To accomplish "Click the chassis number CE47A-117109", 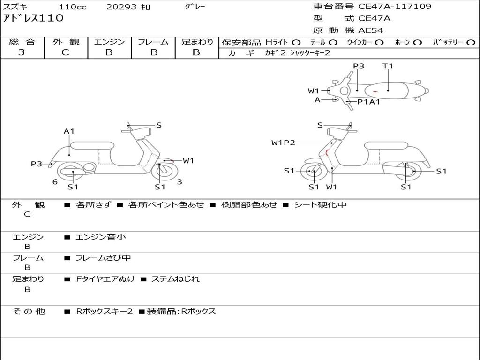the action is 394,7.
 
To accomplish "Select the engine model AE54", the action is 370,30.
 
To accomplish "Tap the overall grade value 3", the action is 22,52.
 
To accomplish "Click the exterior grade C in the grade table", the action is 65,52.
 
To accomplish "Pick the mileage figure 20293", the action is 121,7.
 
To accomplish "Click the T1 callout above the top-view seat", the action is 388,66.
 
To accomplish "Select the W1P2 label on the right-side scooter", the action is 283,142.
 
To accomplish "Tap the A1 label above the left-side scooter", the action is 69,131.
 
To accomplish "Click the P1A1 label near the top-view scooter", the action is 368,101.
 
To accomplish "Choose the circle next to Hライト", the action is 296,43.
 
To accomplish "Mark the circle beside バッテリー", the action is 471,43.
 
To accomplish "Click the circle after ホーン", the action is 418,43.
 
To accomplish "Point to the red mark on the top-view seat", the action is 375,91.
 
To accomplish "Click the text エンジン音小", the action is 101,237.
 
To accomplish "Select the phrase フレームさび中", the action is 103,258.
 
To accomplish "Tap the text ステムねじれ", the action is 175,279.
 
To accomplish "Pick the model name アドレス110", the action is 33,18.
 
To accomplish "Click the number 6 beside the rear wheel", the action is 55,182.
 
